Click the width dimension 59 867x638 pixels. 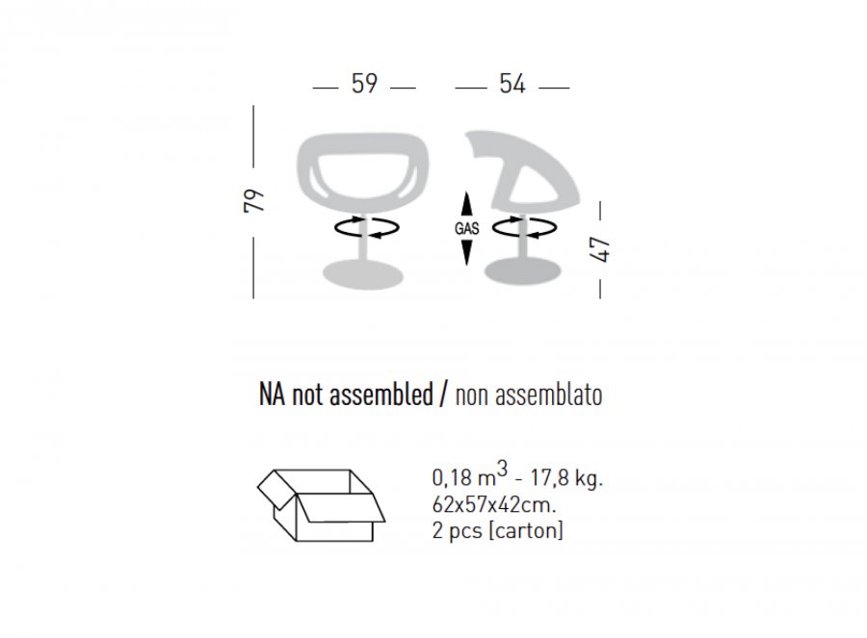(364, 84)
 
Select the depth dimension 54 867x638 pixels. (512, 84)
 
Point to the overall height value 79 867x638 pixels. (253, 201)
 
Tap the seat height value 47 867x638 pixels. (600, 249)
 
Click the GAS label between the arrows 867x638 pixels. (466, 229)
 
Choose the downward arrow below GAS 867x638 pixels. (466, 251)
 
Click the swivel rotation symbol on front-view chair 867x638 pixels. (367, 227)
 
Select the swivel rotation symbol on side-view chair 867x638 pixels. (524, 227)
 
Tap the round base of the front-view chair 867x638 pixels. (363, 274)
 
